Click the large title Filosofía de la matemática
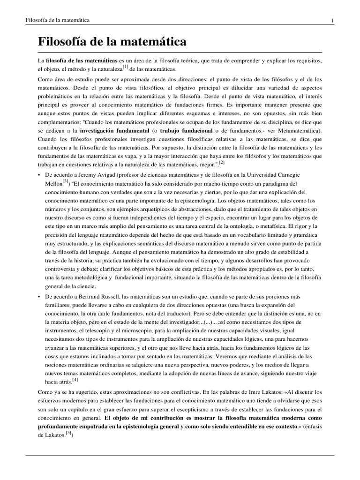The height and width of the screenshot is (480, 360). [112, 42]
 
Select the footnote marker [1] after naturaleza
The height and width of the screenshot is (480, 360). [126, 67]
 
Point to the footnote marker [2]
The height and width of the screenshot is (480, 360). [221, 163]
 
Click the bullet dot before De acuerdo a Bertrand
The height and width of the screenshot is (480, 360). [40, 297]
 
